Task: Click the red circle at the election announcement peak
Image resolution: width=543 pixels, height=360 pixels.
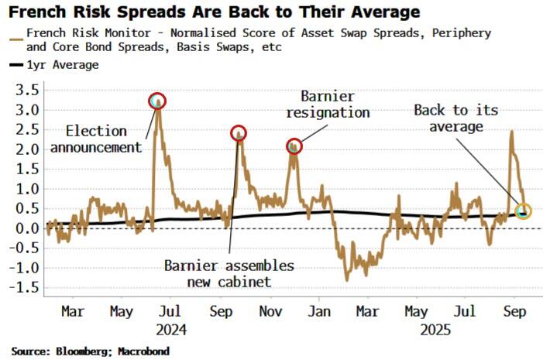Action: coord(157,101)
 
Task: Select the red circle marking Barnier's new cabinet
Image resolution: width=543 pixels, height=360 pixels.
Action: coord(239,133)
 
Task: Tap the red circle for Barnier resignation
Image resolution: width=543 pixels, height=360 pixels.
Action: coord(294,145)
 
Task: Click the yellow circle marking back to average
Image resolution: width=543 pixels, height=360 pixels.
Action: coord(524,211)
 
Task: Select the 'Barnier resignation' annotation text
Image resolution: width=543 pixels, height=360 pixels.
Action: coord(328,105)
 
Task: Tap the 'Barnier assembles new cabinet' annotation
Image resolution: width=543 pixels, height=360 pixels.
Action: coord(229,273)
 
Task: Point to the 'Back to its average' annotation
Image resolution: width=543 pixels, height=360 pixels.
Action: coord(450,118)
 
